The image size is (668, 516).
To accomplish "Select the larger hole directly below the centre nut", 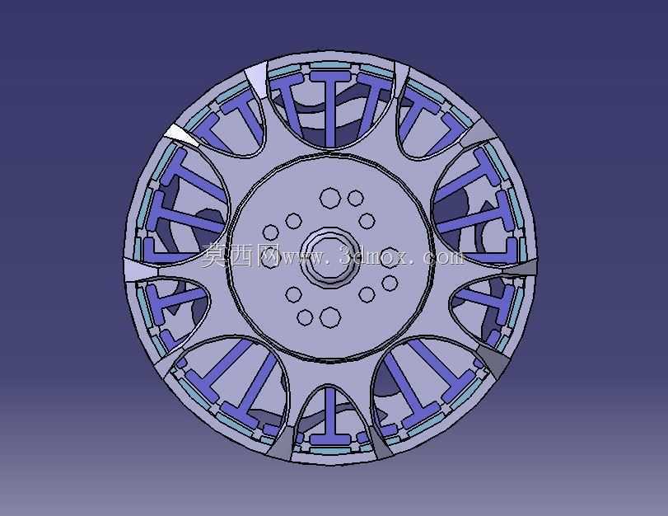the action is coord(330,317).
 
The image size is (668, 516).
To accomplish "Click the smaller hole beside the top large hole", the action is coord(355,199).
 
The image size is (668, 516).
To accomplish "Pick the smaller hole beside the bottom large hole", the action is coord(305,317).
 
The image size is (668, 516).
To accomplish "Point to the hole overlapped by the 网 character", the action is coord(270,260).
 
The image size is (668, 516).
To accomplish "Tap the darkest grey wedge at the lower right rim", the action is coord(494,360).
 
